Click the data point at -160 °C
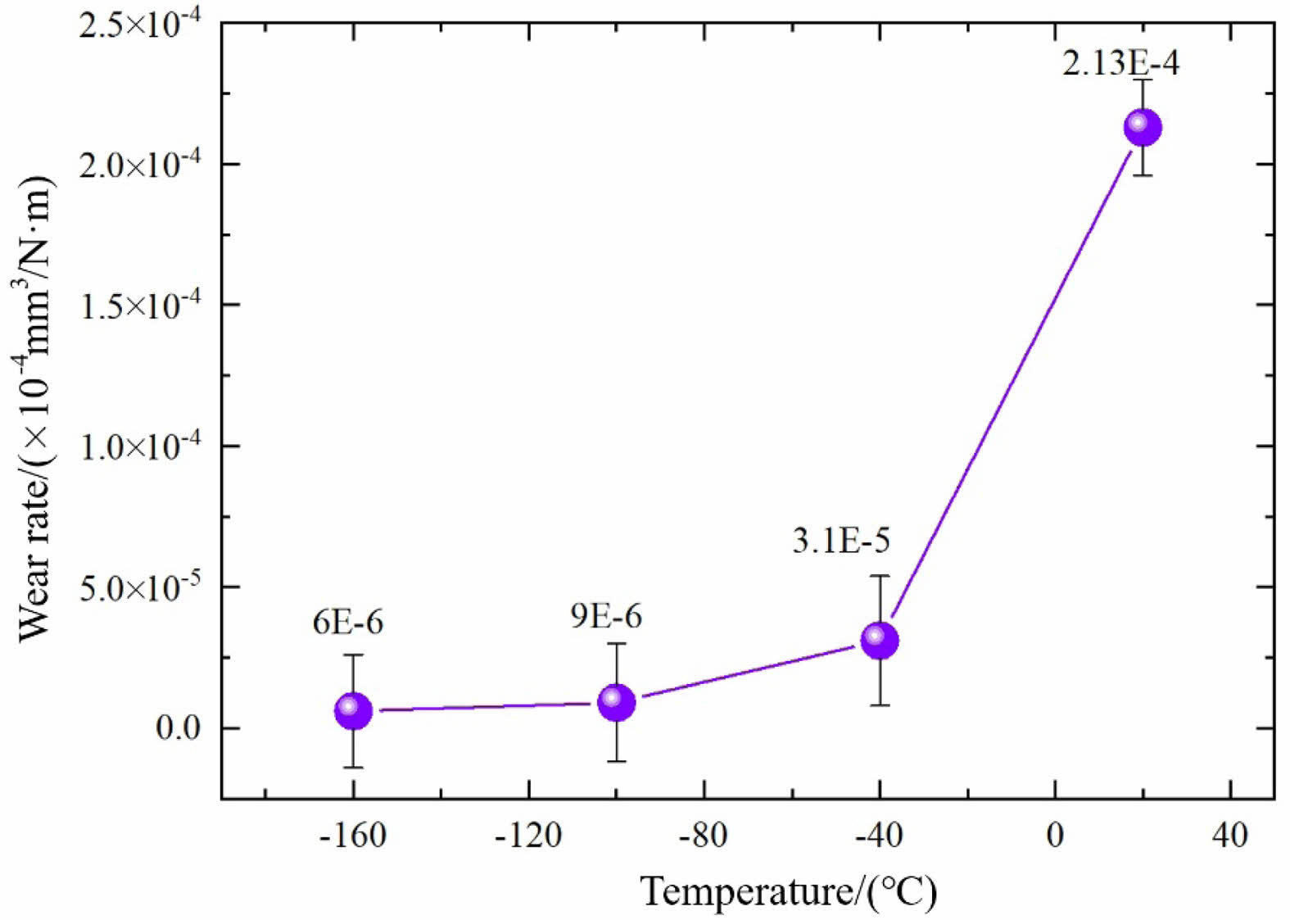(x=353, y=710)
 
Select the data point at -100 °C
(x=616, y=702)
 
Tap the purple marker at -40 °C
(x=880, y=640)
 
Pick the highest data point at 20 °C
(x=1143, y=127)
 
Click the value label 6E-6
(x=347, y=623)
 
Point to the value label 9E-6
(x=606, y=616)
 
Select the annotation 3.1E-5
(x=841, y=542)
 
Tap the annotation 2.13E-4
(x=1120, y=63)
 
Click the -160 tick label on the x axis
(x=353, y=836)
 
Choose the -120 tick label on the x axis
(x=528, y=836)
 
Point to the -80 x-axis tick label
(x=704, y=836)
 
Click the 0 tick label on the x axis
(x=1055, y=836)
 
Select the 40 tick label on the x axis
(x=1230, y=836)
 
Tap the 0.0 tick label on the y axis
(x=178, y=727)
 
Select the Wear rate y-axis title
(x=36, y=410)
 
